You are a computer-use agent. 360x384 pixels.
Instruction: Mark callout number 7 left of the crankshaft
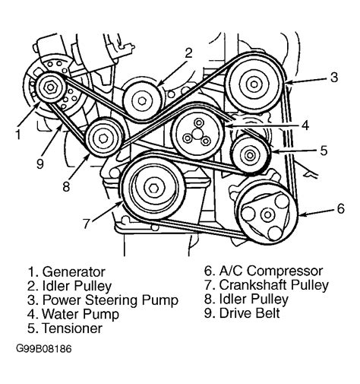click(x=88, y=224)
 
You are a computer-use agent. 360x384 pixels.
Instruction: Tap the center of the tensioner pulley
click(x=248, y=156)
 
